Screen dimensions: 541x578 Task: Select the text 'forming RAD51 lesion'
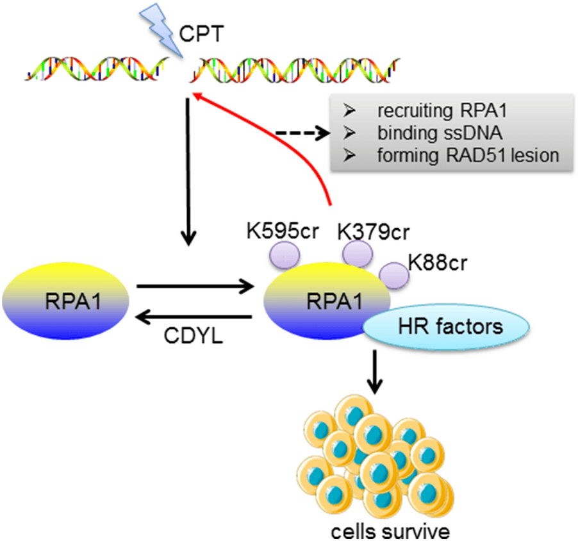click(x=467, y=154)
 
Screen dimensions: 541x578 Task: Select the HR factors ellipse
click(x=447, y=327)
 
